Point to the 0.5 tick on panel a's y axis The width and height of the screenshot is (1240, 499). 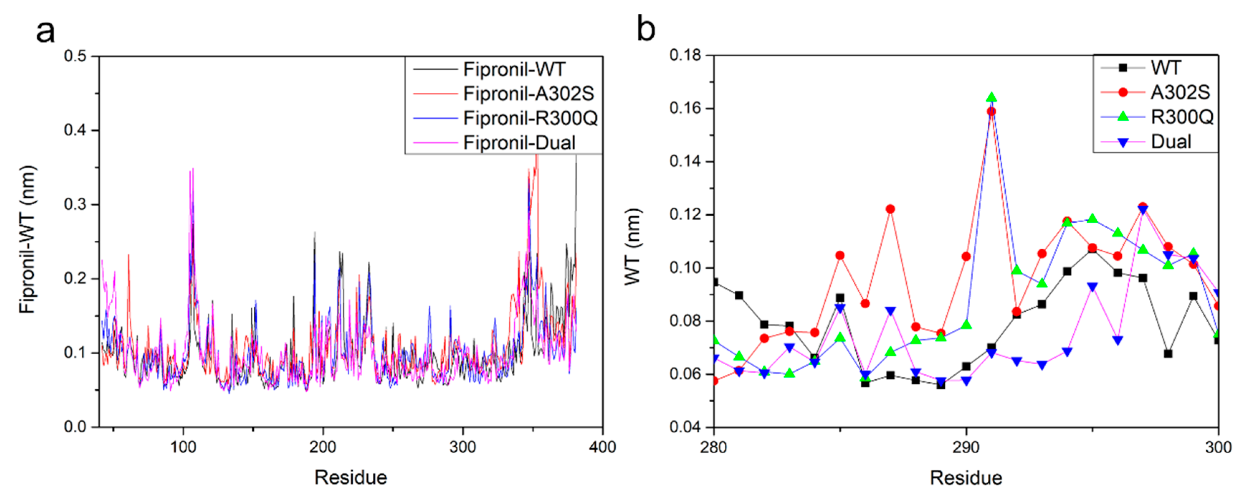click(x=75, y=56)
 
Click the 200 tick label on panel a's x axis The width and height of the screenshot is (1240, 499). click(x=323, y=447)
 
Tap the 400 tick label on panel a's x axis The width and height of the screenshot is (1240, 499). click(x=602, y=447)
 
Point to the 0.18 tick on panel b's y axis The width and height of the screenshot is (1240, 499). click(x=685, y=55)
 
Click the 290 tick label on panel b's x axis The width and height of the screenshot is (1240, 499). click(x=965, y=447)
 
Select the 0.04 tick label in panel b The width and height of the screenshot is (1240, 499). click(x=685, y=427)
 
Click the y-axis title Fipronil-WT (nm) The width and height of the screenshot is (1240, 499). click(x=28, y=239)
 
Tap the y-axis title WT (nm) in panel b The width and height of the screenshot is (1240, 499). click(x=633, y=246)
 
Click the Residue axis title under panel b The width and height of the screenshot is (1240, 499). click(x=965, y=478)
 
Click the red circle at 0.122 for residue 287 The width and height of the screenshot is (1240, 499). click(x=890, y=209)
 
